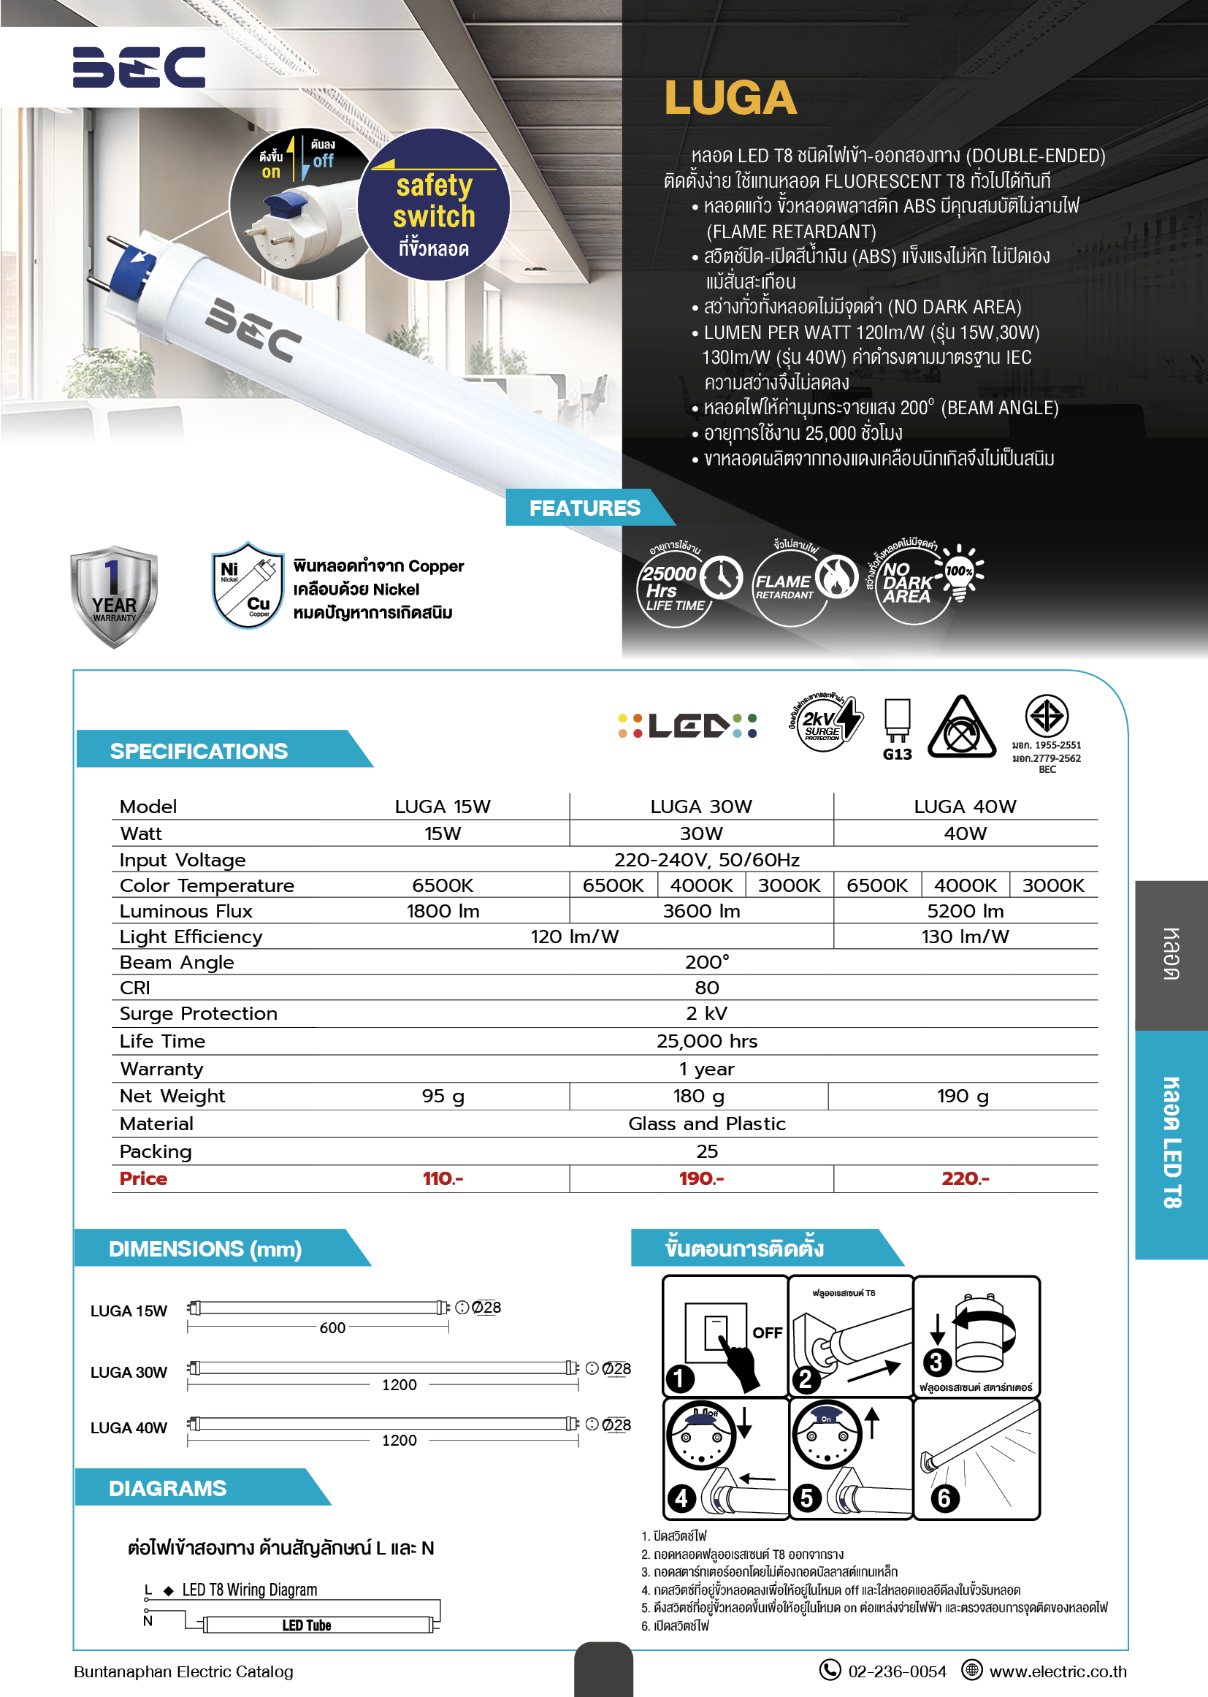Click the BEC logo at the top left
point(138,67)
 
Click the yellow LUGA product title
point(730,98)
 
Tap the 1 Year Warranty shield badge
point(113,595)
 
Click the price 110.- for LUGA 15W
point(443,1178)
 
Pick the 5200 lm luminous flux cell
point(965,911)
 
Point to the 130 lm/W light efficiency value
point(965,937)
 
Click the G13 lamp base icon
point(897,729)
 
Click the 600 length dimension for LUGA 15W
point(332,1327)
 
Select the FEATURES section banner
point(585,508)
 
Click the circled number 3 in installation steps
point(936,1362)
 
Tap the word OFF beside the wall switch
point(767,1332)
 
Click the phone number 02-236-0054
point(896,1671)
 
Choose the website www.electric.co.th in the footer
point(1057,1671)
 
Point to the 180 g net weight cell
point(698,1096)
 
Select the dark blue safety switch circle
point(434,205)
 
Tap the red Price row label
point(144,1178)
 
